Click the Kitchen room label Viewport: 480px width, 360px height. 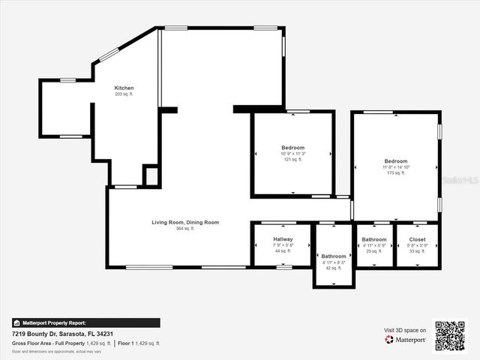coord(124,88)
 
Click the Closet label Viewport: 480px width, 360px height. coord(417,239)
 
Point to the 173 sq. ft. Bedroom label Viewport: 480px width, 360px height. coord(396,161)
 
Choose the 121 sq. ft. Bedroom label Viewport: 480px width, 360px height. coord(292,147)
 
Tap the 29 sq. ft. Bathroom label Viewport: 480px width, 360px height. coord(373,239)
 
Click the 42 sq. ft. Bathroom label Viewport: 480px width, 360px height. coord(334,256)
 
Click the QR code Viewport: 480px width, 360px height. coord(450,336)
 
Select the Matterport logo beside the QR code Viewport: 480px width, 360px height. coord(405,340)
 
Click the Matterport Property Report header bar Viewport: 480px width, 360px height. coord(85,323)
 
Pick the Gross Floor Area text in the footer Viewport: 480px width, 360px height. coord(61,343)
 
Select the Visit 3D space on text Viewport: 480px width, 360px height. coord(405,330)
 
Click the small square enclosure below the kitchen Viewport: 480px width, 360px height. coord(151,176)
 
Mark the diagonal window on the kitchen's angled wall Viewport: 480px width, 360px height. coord(109,55)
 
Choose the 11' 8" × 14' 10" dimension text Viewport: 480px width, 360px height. coord(396,167)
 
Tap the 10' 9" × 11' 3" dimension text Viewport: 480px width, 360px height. coord(292,154)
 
